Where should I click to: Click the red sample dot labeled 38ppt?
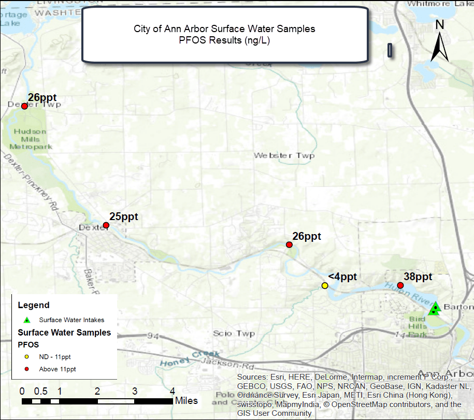pyautogui.click(x=400, y=285)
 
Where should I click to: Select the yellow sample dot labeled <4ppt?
pyautogui.click(x=325, y=286)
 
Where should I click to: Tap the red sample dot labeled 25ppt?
pyautogui.click(x=106, y=225)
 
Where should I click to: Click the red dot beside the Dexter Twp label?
pyautogui.click(x=24, y=106)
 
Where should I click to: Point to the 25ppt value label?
pyautogui.click(x=124, y=216)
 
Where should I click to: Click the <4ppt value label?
pyautogui.click(x=342, y=277)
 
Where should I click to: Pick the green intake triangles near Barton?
pyautogui.click(x=435, y=309)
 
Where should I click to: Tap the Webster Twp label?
pyautogui.click(x=284, y=155)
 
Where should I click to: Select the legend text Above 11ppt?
pyautogui.click(x=58, y=369)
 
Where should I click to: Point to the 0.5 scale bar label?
pyautogui.click(x=41, y=391)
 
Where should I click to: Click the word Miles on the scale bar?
pyautogui.click(x=186, y=400)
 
